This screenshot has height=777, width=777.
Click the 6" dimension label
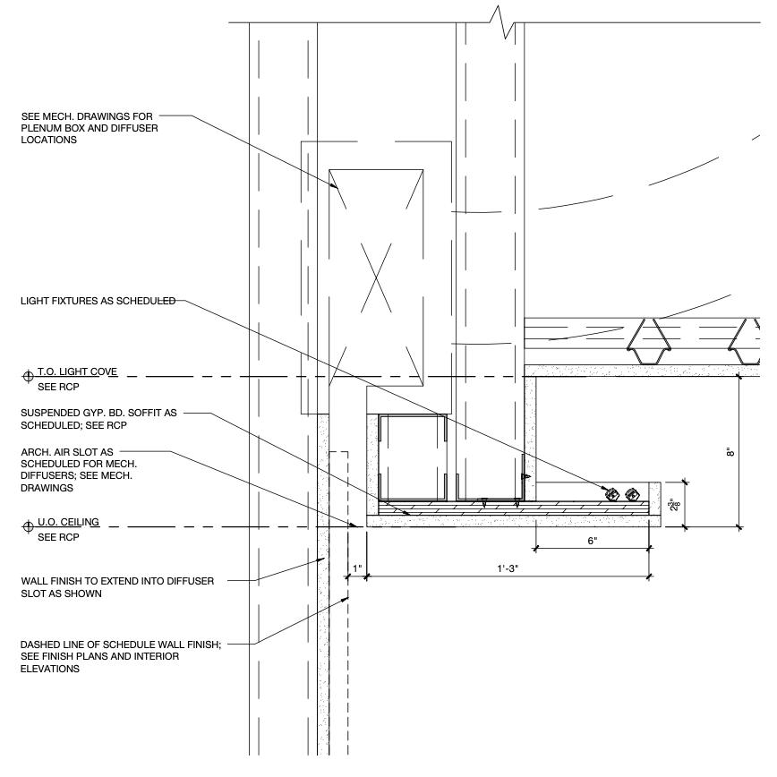point(592,542)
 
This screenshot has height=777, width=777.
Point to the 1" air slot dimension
point(356,568)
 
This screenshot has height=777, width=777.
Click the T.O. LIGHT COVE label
point(77,371)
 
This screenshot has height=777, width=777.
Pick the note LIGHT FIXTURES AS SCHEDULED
point(98,301)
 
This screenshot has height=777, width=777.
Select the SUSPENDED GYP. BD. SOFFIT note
point(98,419)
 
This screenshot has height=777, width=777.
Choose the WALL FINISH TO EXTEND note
point(116,587)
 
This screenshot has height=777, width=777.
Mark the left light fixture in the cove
point(613,493)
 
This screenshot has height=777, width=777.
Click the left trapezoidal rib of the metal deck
point(645,338)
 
